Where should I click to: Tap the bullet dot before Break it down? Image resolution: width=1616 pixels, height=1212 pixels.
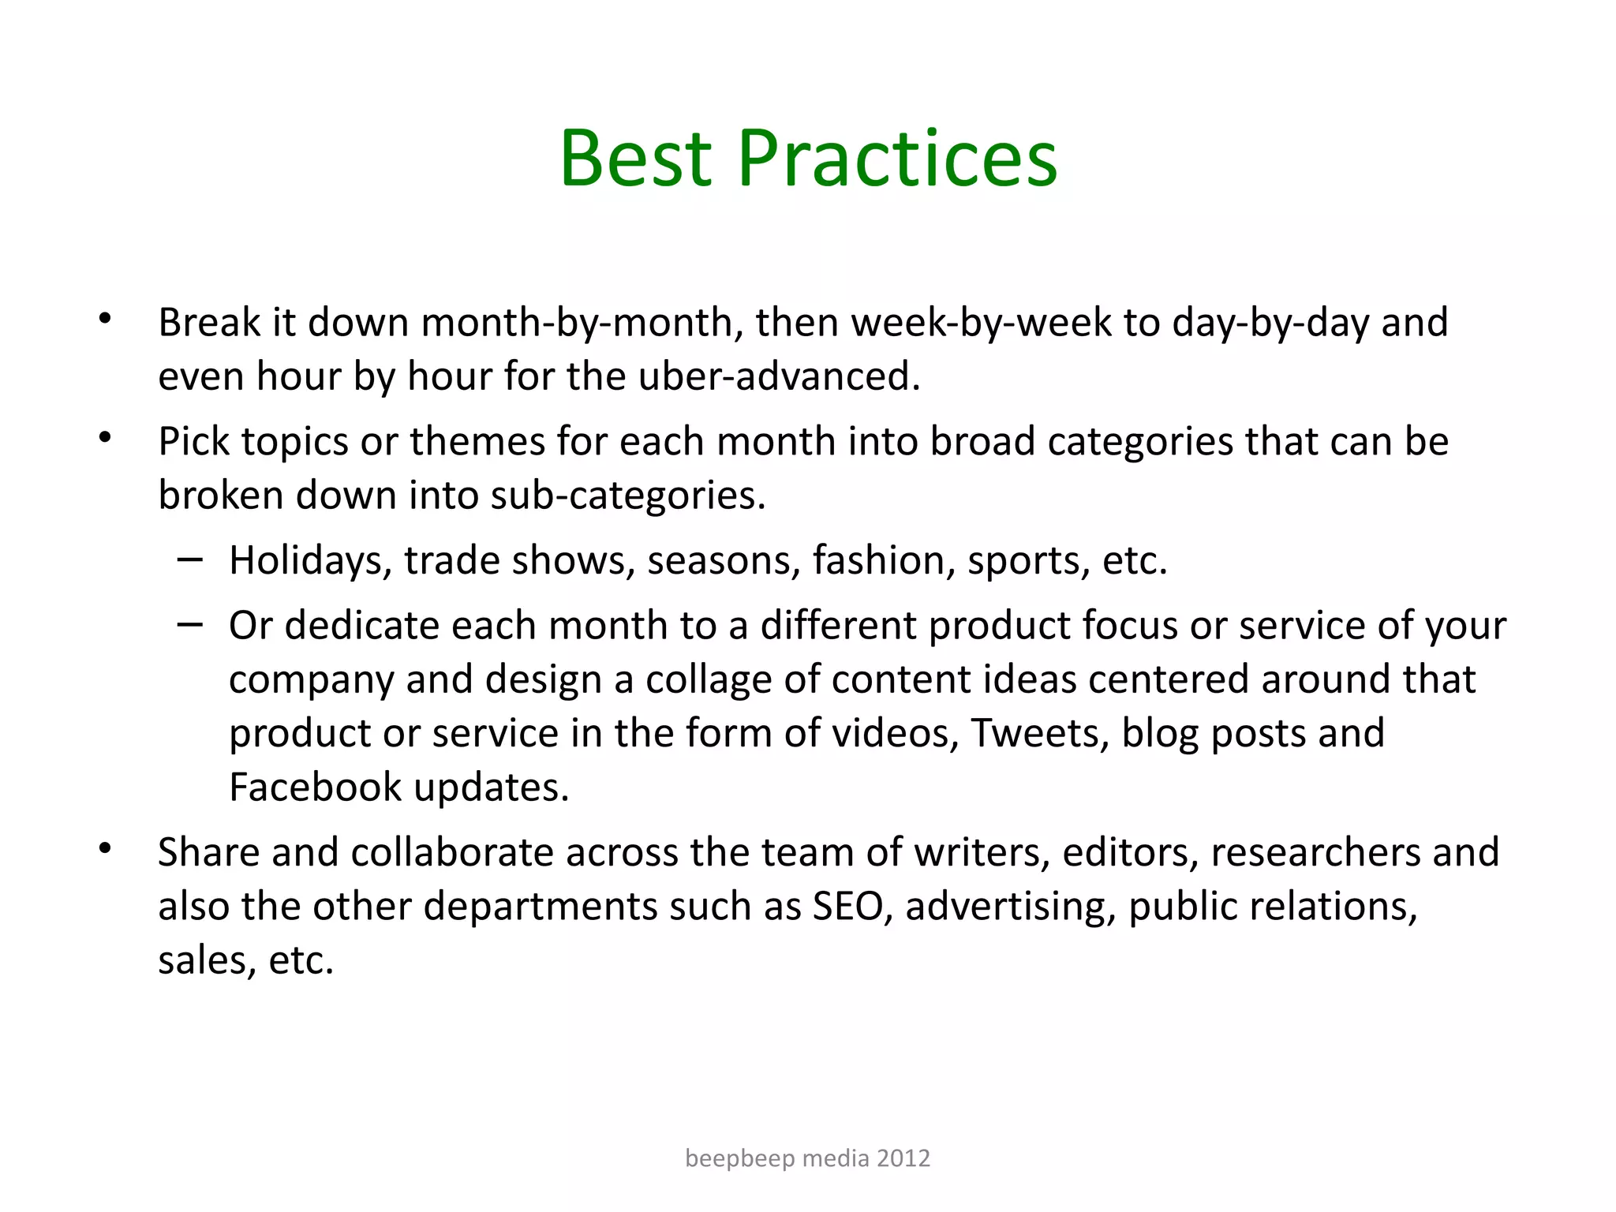[105, 319]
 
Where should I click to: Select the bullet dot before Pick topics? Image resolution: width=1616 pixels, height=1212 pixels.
[105, 438]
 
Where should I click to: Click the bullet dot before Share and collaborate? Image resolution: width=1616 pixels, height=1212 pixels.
[105, 849]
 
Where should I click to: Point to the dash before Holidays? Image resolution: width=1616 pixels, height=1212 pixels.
[190, 559]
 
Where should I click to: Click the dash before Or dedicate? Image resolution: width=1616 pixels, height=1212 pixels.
[190, 624]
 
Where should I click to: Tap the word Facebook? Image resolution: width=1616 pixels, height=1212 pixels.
[315, 787]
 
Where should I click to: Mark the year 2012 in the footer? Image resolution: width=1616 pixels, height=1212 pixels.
[903, 1158]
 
